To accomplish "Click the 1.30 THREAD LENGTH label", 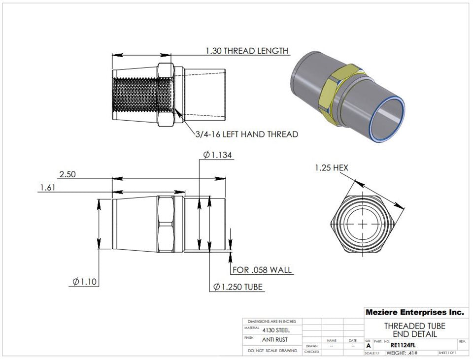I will click(247, 51).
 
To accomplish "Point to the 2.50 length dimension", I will click(68, 175).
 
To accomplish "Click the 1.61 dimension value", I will click(47, 188).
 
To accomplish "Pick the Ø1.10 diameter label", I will click(84, 282).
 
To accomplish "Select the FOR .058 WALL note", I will click(262, 270).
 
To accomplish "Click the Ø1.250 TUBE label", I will click(238, 287).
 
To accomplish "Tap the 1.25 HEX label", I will click(332, 168).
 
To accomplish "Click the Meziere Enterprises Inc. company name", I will click(414, 312).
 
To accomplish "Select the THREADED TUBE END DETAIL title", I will click(414, 330).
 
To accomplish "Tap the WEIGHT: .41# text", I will click(402, 353).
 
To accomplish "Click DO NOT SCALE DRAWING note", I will click(272, 351).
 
